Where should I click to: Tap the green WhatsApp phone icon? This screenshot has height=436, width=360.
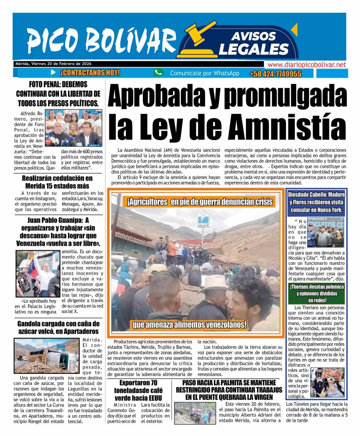coord(158,73)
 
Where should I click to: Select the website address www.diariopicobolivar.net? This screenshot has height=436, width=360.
coord(306,64)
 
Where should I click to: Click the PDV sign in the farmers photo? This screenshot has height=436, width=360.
coord(203,221)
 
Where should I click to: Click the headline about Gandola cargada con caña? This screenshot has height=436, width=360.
coord(58,327)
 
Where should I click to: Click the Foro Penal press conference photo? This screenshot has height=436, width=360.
coord(75,128)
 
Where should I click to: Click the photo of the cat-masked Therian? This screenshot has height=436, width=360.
coord(327,382)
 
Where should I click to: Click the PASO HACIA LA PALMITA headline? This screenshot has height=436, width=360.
coord(229,389)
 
